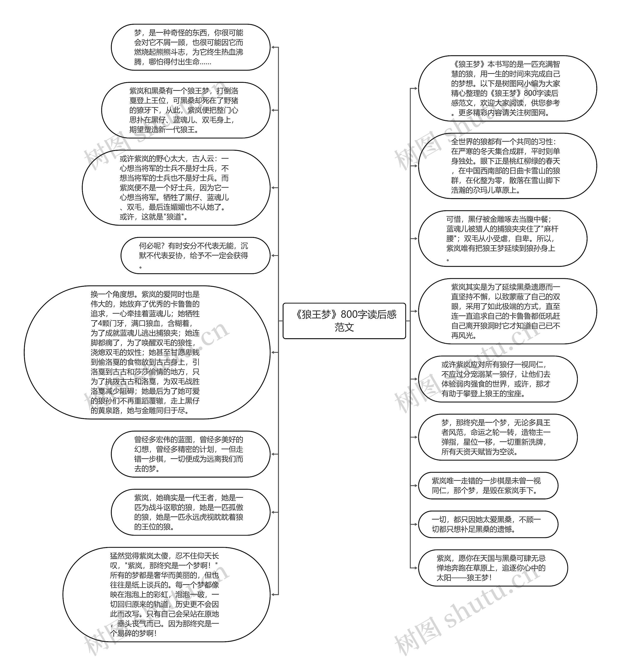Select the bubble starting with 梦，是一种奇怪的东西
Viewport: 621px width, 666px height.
point(190,47)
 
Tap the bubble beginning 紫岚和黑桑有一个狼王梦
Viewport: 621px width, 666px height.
point(186,110)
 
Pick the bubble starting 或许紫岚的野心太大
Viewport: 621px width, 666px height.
point(176,188)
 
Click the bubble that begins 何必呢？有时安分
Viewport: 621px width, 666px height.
point(195,255)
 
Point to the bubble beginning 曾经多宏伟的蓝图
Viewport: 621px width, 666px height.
point(190,454)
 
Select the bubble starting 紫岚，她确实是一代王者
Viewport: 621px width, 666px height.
point(190,512)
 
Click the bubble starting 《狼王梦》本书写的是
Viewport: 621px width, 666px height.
point(507,88)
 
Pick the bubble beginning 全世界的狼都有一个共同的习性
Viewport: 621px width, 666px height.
point(507,166)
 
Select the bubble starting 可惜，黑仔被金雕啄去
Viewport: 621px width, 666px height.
point(502,238)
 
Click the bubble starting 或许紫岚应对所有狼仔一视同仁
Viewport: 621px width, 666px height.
point(498,379)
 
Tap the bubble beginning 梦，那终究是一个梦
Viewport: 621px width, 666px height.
point(498,437)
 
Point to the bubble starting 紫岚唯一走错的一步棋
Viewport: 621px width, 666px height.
point(488,485)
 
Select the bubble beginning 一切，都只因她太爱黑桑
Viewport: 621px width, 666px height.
point(488,524)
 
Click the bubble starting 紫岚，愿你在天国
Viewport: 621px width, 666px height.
point(493,568)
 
